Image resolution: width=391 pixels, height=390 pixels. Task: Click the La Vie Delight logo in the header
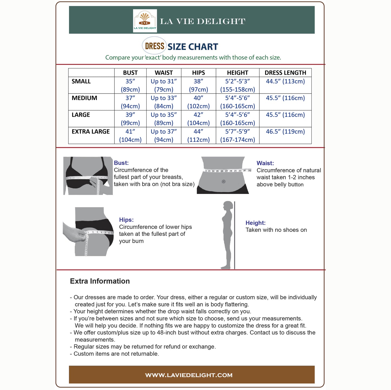[x=145, y=21]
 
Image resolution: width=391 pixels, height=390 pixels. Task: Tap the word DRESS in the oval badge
[x=155, y=46]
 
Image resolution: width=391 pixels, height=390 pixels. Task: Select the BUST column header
[x=130, y=73]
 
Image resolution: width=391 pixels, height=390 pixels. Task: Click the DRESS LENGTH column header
[x=285, y=73]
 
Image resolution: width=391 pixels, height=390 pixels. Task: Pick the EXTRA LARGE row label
[x=91, y=132]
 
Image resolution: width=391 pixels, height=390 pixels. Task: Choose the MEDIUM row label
[x=84, y=98]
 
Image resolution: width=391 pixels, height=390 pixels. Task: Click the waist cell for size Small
[x=164, y=85]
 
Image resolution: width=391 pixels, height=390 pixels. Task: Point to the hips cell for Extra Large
[x=198, y=135]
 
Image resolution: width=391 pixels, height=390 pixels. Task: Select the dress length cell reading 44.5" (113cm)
[x=285, y=81]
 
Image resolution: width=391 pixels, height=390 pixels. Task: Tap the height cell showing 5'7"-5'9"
[x=237, y=135]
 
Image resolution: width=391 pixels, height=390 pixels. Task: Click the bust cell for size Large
[x=130, y=119]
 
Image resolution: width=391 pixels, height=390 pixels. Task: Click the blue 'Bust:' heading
[x=121, y=163]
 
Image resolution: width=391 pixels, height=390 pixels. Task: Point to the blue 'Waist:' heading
[x=265, y=163]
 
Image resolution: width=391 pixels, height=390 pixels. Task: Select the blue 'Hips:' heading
[x=126, y=220]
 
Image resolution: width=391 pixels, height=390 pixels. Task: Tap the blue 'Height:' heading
[x=255, y=223]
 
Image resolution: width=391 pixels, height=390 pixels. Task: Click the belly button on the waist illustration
[x=224, y=181]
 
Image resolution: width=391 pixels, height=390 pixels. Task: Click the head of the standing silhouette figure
[x=228, y=206]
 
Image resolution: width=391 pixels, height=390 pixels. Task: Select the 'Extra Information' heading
[x=100, y=281]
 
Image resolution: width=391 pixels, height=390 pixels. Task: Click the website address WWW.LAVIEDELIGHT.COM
[x=189, y=375]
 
